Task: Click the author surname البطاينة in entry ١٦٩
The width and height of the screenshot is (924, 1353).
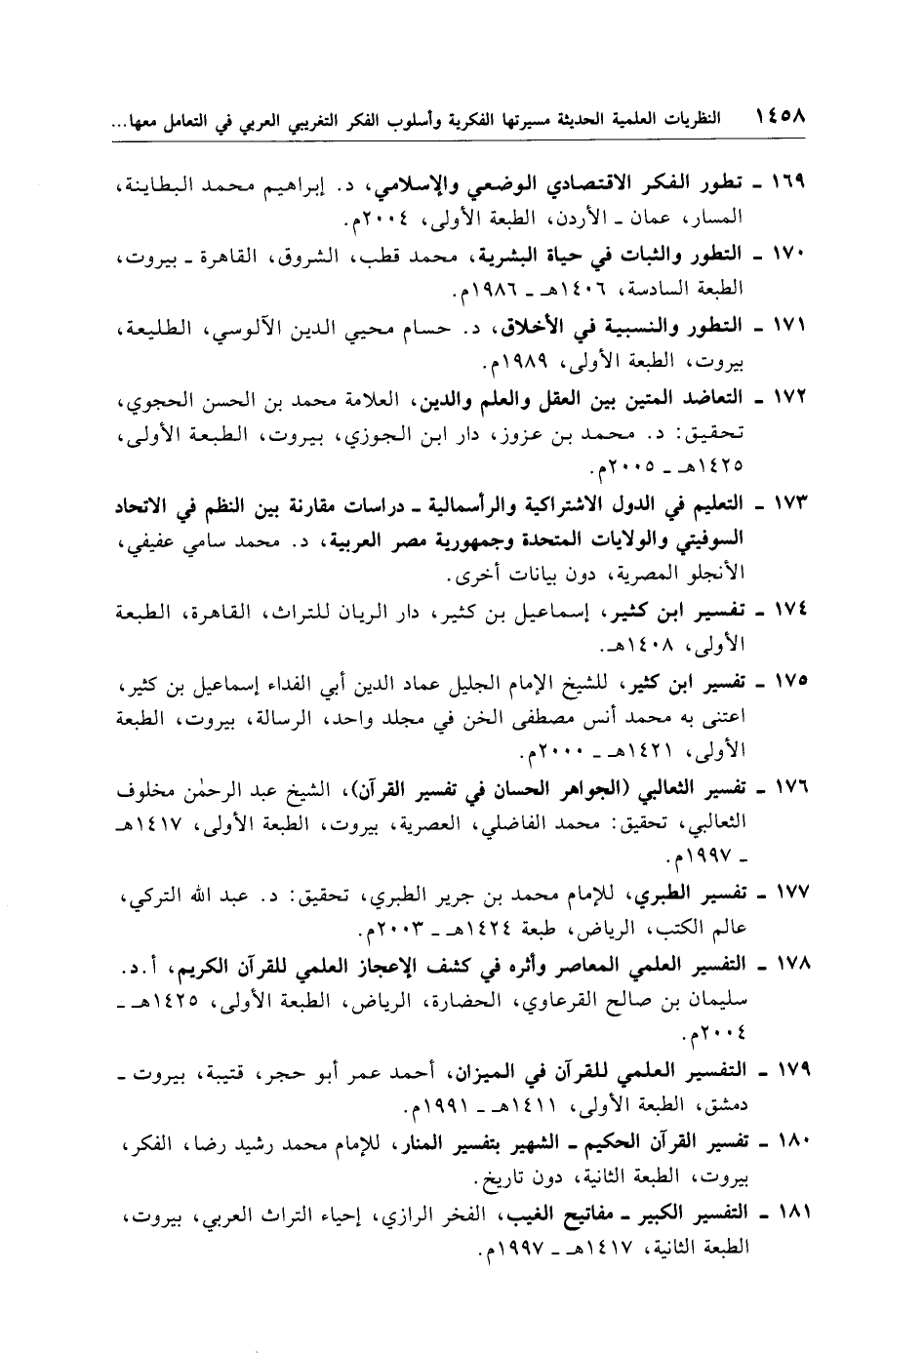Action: pyautogui.click(x=163, y=184)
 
